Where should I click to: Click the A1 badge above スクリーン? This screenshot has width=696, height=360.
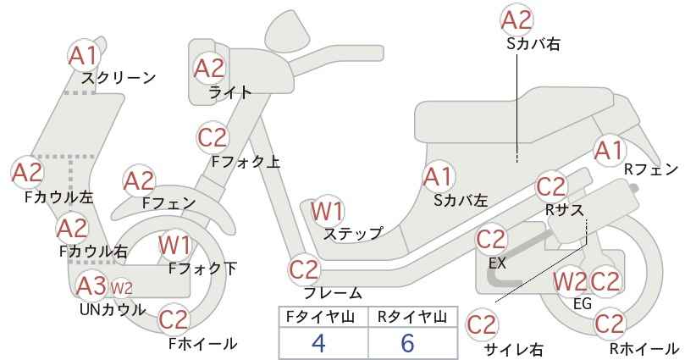coord(84,56)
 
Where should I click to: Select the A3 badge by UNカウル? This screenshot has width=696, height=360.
coord(91,285)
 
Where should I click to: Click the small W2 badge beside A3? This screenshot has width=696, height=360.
coord(121,289)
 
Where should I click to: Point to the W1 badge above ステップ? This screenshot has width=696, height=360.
coord(327,211)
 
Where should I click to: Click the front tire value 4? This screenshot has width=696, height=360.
coord(318,343)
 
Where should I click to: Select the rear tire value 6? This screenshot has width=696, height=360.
coord(407,343)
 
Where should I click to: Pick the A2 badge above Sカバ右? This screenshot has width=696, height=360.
coord(516,20)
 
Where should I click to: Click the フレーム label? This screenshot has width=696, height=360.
coord(333,293)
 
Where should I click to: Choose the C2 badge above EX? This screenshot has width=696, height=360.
coord(491,241)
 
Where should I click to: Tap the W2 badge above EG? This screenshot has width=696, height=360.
coord(571,281)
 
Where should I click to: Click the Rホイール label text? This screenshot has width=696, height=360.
coord(644,348)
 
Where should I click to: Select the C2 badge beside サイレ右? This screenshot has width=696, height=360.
coord(482,325)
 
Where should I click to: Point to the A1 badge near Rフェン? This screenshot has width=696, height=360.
coord(610,151)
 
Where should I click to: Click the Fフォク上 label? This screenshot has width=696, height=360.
coord(246,162)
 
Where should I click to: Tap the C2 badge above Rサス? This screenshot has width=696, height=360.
coord(551,187)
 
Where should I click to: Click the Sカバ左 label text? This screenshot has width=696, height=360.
coord(461,201)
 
